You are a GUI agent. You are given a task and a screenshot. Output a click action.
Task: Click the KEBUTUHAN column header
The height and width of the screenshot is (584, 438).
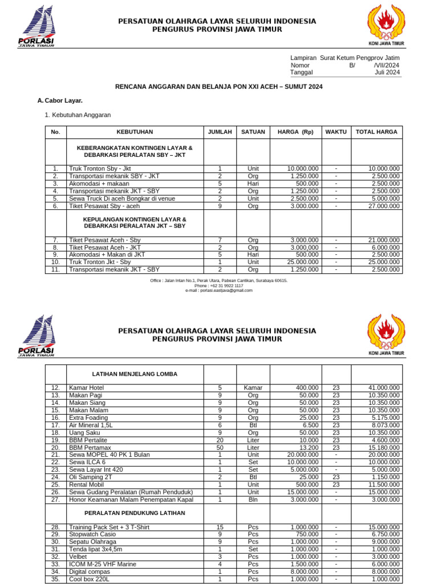coord(135,132)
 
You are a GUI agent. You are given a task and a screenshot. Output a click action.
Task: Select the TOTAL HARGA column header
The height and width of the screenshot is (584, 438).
coord(376,132)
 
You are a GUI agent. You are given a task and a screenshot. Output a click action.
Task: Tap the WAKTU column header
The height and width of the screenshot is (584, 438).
coord(336,132)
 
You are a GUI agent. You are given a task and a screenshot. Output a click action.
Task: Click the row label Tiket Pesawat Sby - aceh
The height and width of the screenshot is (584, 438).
coord(104,206)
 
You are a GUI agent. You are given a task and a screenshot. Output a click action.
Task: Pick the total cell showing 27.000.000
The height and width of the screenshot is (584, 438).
coord(384,206)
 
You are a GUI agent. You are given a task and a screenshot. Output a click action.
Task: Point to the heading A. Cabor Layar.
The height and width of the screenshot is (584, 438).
coord(60,100)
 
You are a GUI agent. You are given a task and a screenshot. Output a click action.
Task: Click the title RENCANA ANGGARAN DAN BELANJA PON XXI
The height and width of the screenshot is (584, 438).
coord(219,87)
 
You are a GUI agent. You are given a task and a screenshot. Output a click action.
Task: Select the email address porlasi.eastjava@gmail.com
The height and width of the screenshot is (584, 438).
coord(219,290)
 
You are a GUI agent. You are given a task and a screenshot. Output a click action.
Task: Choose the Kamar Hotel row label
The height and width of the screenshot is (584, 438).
coord(86,388)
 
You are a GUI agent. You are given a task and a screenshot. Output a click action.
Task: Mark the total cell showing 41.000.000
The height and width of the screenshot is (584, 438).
coord(384,388)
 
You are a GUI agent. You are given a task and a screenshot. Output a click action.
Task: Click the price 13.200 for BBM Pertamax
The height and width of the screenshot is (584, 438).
coord(307,447)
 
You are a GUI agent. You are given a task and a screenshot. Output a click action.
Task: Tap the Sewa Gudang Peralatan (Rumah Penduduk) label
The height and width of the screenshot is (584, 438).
coord(131,492)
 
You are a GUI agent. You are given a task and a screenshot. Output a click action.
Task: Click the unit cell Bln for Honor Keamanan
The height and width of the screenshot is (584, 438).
coord(253,499)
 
